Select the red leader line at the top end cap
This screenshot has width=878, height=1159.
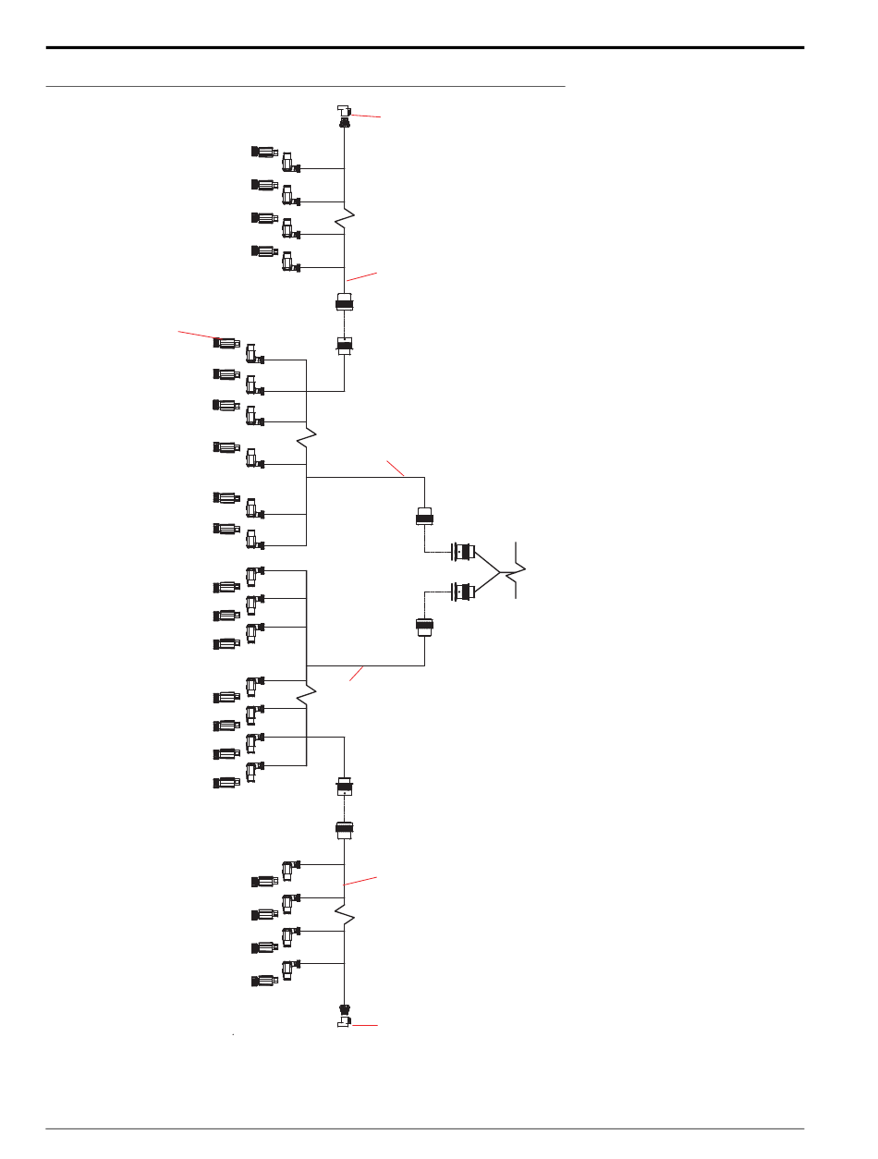(x=365, y=116)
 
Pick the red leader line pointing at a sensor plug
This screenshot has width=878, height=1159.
(x=199, y=335)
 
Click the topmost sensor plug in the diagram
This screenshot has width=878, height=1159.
(x=265, y=152)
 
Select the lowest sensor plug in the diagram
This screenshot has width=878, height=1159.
(x=265, y=980)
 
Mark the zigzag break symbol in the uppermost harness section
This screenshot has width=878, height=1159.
(x=344, y=220)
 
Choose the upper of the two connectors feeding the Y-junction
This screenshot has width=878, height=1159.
(x=463, y=553)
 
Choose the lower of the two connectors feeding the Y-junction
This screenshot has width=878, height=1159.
(x=463, y=592)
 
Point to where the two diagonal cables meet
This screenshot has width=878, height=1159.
(x=500, y=573)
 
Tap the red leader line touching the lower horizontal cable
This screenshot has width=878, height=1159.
(x=358, y=674)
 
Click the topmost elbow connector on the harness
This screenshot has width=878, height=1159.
(x=289, y=164)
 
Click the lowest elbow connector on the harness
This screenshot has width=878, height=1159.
(x=289, y=968)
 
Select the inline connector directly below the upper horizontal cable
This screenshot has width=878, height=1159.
(x=424, y=517)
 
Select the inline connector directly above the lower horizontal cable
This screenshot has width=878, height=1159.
(x=424, y=627)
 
